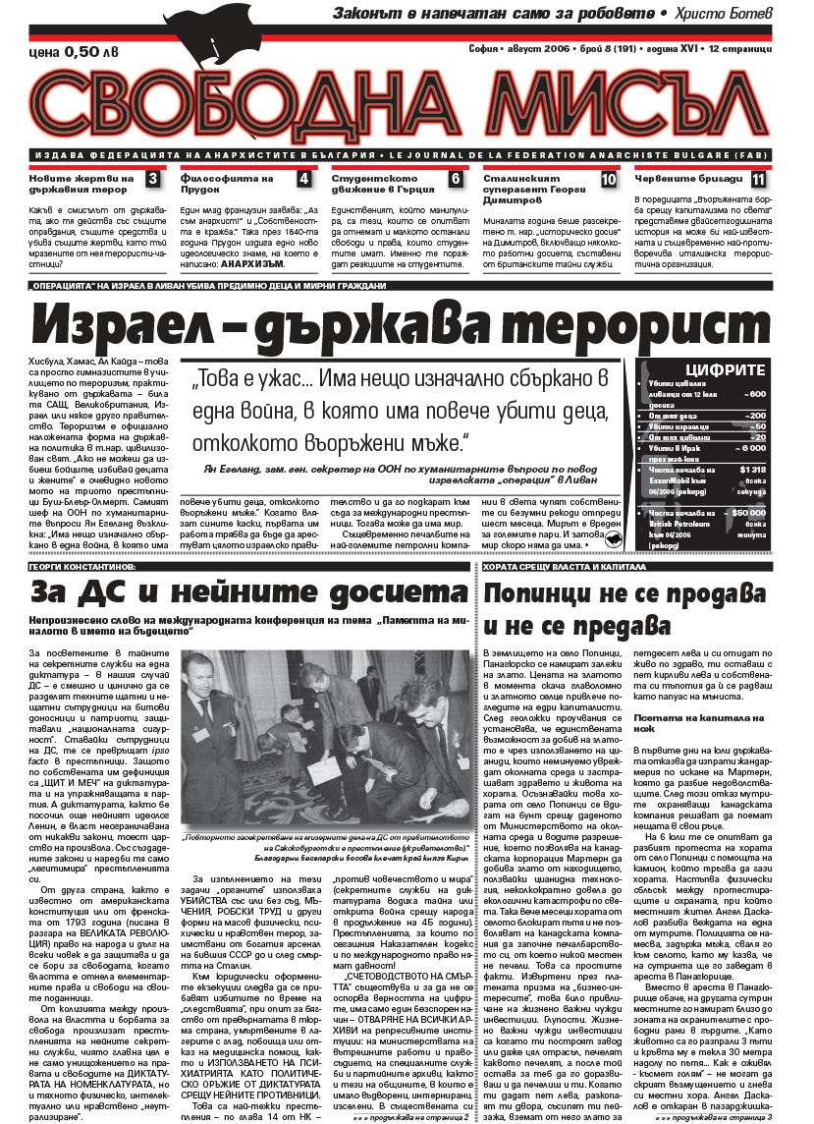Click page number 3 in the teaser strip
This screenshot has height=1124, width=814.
pyautogui.click(x=152, y=179)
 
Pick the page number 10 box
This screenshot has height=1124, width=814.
pyautogui.click(x=609, y=179)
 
